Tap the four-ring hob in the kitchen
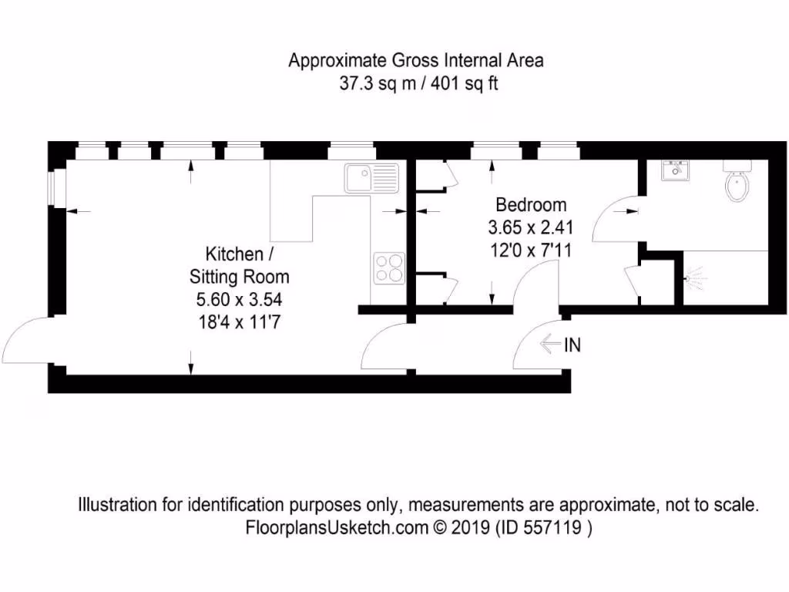388,267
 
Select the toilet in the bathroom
737,183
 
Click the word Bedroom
531,205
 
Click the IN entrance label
572,345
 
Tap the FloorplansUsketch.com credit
335,528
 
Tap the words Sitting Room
240,277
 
